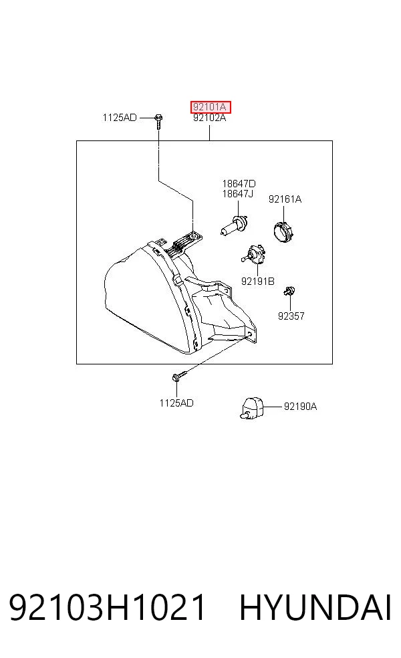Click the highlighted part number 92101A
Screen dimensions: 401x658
[x=209, y=107]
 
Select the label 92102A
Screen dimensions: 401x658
[x=209, y=118]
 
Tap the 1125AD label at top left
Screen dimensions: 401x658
[x=120, y=118]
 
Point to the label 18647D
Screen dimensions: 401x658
[x=239, y=183]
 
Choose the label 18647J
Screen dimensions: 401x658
[x=238, y=193]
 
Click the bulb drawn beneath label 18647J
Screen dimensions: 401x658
[x=235, y=225]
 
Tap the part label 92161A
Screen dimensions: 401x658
[x=285, y=199]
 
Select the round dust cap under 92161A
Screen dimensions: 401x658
[x=282, y=231]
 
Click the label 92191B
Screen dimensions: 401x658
[x=257, y=281]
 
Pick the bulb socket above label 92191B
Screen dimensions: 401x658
[x=253, y=256]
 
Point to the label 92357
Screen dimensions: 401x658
[x=291, y=316]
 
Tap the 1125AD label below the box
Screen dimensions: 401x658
[x=176, y=403]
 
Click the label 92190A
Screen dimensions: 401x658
[x=300, y=406]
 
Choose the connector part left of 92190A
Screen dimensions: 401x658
[x=251, y=408]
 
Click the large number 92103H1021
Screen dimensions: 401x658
[x=108, y=607]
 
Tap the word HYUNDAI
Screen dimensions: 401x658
[x=315, y=607]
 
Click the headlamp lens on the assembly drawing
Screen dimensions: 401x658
[x=138, y=300]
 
